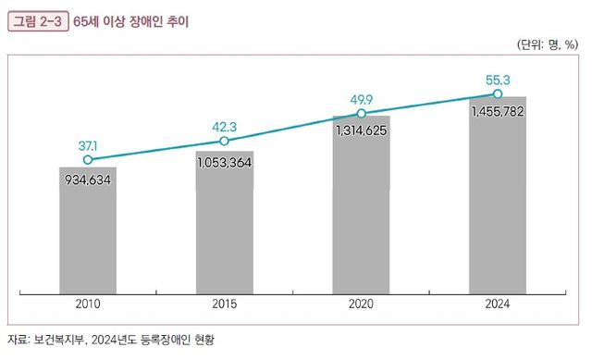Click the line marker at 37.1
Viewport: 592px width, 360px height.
click(88, 159)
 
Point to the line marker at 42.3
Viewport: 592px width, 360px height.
click(225, 141)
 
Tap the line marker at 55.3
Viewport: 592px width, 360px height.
click(498, 93)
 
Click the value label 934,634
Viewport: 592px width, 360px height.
click(88, 180)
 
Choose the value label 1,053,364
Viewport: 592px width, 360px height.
click(225, 162)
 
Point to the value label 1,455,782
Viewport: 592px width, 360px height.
click(498, 111)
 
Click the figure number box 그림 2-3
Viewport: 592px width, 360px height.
click(38, 19)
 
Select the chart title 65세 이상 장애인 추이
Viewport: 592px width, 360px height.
click(130, 19)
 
